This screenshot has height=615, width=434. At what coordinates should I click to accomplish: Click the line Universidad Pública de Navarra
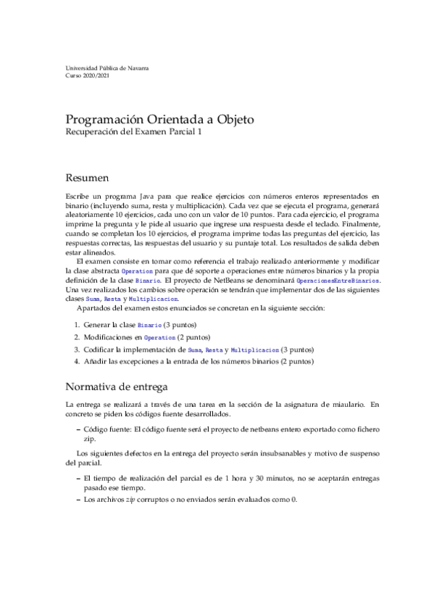107,67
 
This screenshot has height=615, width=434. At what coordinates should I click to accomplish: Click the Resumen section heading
88,177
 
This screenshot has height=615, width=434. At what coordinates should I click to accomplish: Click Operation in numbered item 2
160,337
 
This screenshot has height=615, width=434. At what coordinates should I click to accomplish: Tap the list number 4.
76,361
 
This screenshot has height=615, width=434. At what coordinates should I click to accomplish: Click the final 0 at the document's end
294,500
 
